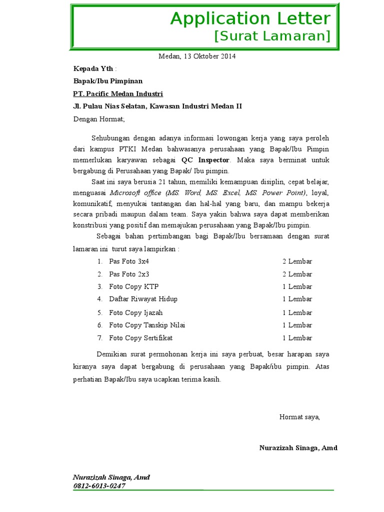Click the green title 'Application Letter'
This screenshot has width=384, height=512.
click(x=250, y=18)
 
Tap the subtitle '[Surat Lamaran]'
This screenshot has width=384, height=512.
click(x=272, y=36)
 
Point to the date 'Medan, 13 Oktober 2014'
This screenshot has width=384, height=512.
click(x=197, y=56)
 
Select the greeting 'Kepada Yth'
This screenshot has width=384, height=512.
click(x=93, y=68)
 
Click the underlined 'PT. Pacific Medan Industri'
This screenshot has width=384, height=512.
click(x=118, y=93)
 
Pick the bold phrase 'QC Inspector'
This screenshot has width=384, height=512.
click(x=205, y=160)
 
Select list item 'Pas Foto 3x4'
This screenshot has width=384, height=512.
click(x=129, y=261)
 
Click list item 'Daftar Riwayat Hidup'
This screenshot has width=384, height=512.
click(x=143, y=299)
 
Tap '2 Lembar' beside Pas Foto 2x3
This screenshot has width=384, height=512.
click(x=297, y=274)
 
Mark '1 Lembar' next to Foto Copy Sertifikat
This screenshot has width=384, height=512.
click(x=297, y=338)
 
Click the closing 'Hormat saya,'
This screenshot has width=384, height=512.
click(x=299, y=416)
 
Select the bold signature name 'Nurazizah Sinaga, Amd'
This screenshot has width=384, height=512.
click(x=298, y=447)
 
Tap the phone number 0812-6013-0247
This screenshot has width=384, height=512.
click(x=99, y=485)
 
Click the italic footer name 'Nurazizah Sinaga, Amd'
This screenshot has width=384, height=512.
click(x=111, y=477)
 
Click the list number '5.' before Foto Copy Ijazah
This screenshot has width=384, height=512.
click(x=99, y=312)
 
